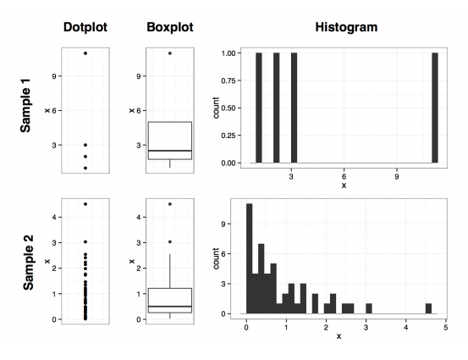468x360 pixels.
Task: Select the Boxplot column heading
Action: (170, 27)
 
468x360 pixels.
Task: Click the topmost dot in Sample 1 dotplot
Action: (85, 53)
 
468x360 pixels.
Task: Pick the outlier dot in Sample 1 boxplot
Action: (170, 53)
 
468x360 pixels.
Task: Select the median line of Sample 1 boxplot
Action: (170, 151)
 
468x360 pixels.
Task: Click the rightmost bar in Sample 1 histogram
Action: (434, 108)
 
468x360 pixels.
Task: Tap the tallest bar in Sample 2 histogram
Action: (249, 258)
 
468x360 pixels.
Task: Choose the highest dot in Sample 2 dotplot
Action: (85, 204)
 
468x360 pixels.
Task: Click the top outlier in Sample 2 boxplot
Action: (170, 204)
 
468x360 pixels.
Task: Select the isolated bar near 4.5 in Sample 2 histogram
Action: (428, 308)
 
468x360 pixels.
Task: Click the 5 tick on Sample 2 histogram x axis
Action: (445, 324)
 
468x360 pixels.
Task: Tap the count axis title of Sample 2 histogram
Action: (217, 259)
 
